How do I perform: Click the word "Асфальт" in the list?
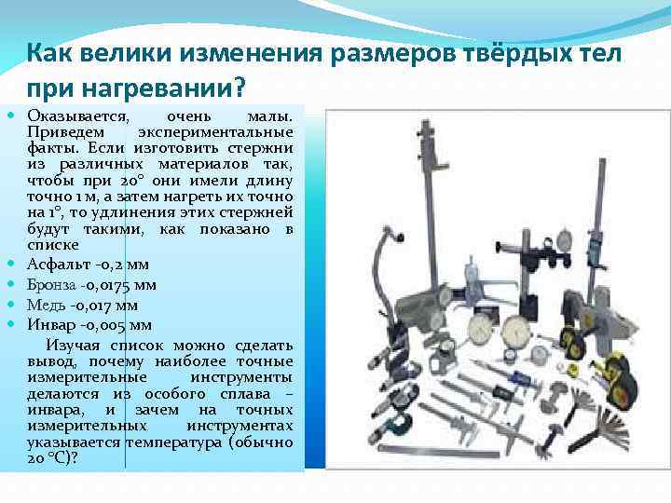[59, 265]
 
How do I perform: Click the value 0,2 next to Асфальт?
[114, 265]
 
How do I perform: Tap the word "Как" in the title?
[46, 53]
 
